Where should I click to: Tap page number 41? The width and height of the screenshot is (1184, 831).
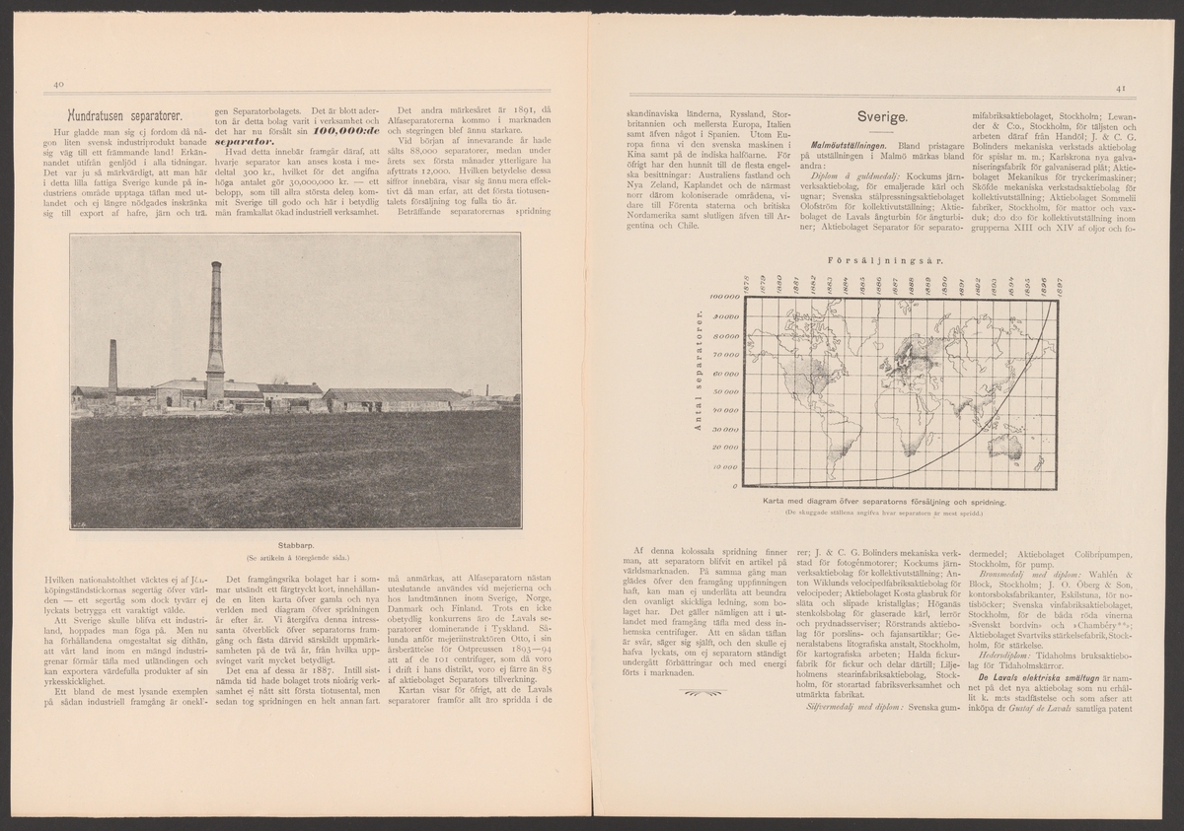(1121, 88)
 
